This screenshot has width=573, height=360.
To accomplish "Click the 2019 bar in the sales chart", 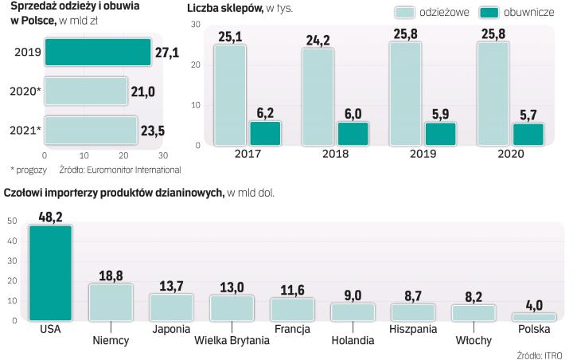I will pos(97,52).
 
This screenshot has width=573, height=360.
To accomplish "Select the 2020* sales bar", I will pos(86,91).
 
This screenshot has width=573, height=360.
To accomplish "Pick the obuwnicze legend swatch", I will pos(489,12).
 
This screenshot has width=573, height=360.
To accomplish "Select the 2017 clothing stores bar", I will pos(229,95).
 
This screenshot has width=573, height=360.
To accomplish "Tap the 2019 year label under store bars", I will pos(423,154).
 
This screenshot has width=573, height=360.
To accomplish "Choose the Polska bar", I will pos(529,316).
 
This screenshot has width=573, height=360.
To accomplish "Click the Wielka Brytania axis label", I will pos(232,342).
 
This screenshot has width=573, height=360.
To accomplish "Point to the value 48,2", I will pos(50,214).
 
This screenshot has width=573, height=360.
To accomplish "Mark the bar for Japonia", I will pos(171,307).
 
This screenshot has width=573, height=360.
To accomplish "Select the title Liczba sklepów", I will pos(224,8).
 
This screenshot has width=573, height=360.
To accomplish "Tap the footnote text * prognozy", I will pos(29,169).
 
